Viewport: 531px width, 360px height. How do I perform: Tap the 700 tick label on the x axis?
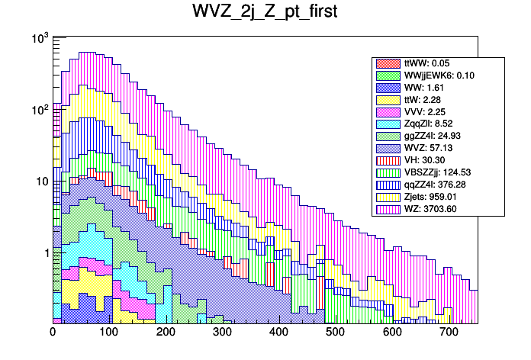449,333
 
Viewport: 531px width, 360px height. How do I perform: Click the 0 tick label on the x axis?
53,333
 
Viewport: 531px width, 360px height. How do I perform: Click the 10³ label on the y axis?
39,39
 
